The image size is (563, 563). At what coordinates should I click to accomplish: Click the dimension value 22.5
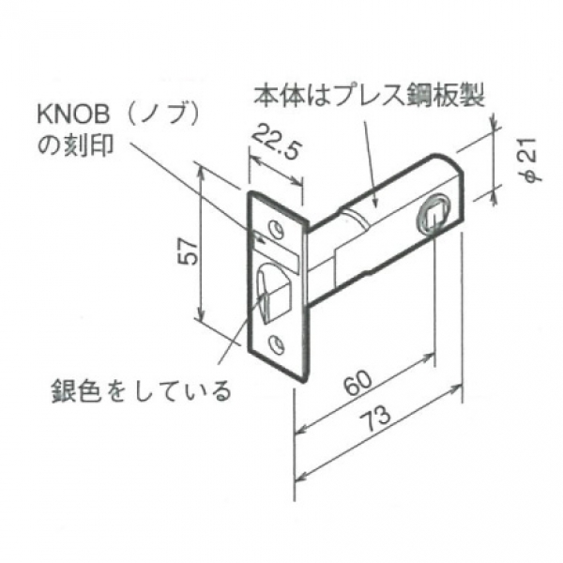pos(276,142)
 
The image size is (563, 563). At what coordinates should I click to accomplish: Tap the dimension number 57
pos(189,252)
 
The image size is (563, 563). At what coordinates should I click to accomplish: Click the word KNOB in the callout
pos(73,115)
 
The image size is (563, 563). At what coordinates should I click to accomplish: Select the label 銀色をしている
pos(141,390)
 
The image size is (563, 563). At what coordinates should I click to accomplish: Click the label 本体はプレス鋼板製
pos(370,96)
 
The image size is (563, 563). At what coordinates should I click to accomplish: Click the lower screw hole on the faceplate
pos(276,342)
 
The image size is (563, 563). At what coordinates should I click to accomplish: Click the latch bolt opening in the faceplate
pos(274,292)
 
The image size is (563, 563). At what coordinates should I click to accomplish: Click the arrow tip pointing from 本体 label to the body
pos(375,206)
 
